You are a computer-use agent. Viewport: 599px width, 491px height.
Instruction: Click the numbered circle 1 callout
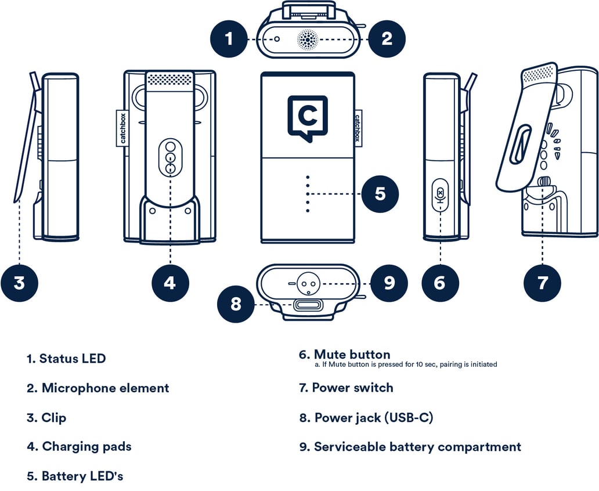pyautogui.click(x=229, y=39)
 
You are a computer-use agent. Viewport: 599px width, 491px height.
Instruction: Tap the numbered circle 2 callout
pyautogui.click(x=387, y=39)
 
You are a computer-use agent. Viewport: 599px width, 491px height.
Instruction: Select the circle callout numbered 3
pyautogui.click(x=19, y=283)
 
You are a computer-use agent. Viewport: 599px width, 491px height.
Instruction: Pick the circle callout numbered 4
pyautogui.click(x=170, y=283)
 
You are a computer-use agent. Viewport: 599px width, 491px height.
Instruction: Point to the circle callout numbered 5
pyautogui.click(x=380, y=193)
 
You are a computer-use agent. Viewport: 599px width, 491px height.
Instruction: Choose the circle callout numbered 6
pyautogui.click(x=440, y=283)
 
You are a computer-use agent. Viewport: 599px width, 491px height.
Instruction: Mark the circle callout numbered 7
pyautogui.click(x=542, y=283)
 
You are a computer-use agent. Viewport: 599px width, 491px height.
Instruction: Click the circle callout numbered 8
pyautogui.click(x=236, y=304)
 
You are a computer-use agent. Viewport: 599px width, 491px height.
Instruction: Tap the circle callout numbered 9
pyautogui.click(x=389, y=283)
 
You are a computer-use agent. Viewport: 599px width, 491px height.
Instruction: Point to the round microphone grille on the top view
pyautogui.click(x=308, y=39)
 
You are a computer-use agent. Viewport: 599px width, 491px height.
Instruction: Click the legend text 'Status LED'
pyautogui.click(x=73, y=359)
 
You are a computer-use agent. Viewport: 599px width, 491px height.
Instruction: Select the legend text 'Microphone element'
pyautogui.click(x=105, y=388)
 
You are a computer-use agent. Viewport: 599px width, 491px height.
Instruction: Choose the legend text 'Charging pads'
pyautogui.click(x=86, y=446)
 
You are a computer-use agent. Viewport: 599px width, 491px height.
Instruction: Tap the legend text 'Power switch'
pyautogui.click(x=352, y=388)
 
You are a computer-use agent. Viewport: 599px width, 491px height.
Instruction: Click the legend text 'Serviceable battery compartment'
pyautogui.click(x=417, y=447)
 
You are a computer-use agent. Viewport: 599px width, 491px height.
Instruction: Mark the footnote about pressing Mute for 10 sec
pyautogui.click(x=406, y=364)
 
